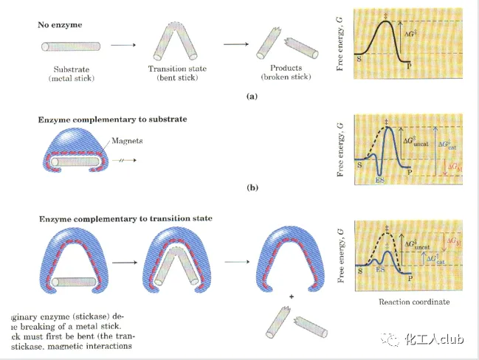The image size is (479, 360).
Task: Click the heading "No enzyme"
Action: [x=60, y=24]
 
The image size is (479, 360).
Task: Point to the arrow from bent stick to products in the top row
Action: [x=234, y=46]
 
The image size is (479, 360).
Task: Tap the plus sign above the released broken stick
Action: [x=291, y=296]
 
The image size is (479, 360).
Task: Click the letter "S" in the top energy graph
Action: [x=359, y=56]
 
